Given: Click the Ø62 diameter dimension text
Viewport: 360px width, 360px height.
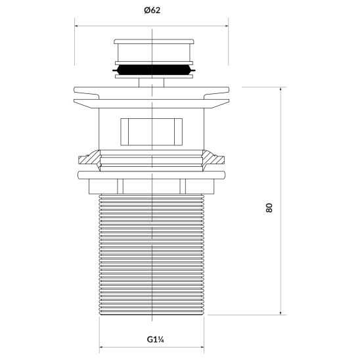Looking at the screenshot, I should coord(152,11).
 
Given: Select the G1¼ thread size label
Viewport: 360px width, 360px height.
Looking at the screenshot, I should coord(153,340).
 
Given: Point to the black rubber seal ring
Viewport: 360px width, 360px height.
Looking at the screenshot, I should coord(153,68).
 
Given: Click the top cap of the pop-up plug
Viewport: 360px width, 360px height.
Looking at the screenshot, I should coord(153,51).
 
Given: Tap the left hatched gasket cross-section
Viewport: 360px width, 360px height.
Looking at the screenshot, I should coord(87,159).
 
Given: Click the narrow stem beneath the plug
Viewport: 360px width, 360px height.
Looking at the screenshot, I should coord(152,81).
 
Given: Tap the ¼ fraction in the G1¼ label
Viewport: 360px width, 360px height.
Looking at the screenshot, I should coord(160,340).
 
